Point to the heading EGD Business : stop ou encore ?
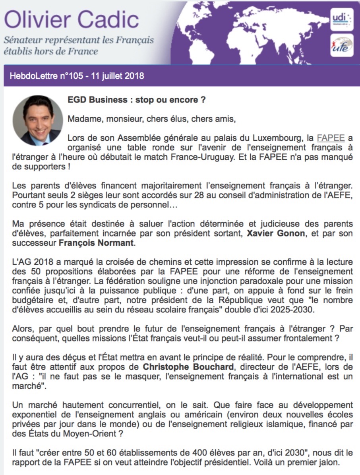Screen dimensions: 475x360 (137, 100)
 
